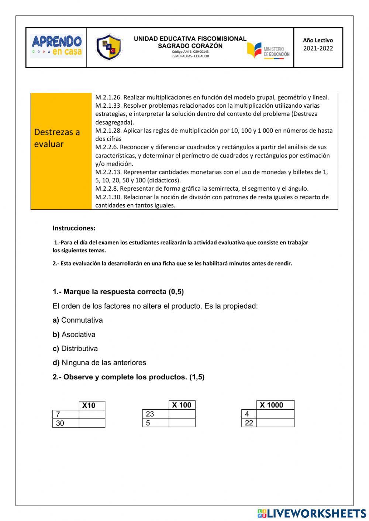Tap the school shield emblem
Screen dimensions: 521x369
pyautogui.click(x=108, y=47)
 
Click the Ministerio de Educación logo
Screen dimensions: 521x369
pyautogui.click(x=268, y=51)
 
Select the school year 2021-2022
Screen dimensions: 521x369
pyautogui.click(x=318, y=48)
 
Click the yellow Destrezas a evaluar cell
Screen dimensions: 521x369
pyautogui.click(x=61, y=151)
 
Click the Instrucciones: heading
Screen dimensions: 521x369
pyautogui.click(x=74, y=228)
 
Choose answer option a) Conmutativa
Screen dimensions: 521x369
pyautogui.click(x=78, y=320)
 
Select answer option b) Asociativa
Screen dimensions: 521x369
pyautogui.click(x=74, y=334)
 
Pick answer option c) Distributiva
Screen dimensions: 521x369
pyautogui.click(x=75, y=348)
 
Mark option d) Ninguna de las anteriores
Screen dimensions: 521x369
pyautogui.click(x=99, y=362)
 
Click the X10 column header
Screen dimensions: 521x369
pyautogui.click(x=92, y=406)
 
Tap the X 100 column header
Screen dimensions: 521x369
pyautogui.click(x=182, y=405)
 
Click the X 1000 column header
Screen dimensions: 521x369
pyautogui.click(x=275, y=405)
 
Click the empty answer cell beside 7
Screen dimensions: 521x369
pyautogui.click(x=92, y=414)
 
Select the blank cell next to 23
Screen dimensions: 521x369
pyautogui.click(x=182, y=414)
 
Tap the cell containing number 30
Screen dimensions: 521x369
pyautogui.click(x=66, y=423)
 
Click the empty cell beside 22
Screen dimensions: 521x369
pyautogui.click(x=275, y=423)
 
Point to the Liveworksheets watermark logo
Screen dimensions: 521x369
pyautogui.click(x=311, y=513)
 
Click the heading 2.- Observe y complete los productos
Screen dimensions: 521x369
pyautogui.click(x=128, y=377)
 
